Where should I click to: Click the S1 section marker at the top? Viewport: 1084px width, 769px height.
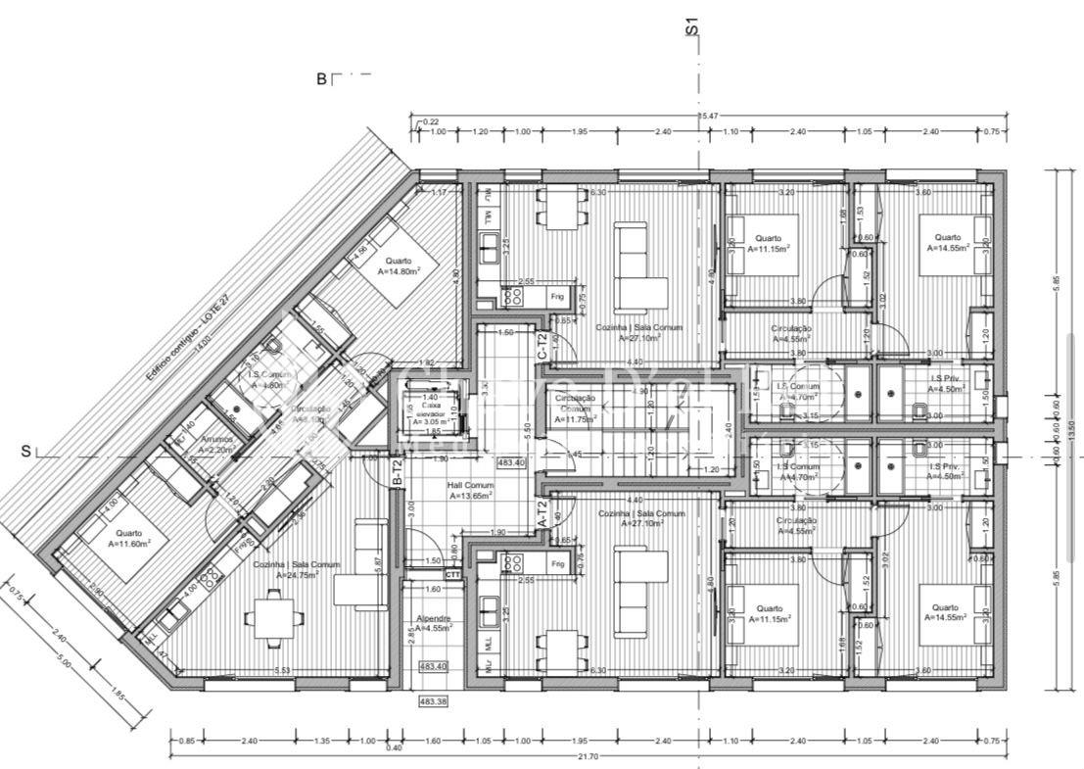[691, 26]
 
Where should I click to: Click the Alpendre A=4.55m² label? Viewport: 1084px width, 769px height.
[433, 624]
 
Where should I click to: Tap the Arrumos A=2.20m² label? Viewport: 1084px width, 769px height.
[217, 444]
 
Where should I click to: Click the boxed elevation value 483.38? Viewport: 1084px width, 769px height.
[432, 702]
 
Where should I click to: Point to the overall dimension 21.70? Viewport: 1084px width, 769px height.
[588, 756]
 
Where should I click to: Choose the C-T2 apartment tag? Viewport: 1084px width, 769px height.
[542, 344]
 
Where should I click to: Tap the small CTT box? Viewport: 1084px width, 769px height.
[453, 575]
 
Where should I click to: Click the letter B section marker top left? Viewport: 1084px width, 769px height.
[321, 79]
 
